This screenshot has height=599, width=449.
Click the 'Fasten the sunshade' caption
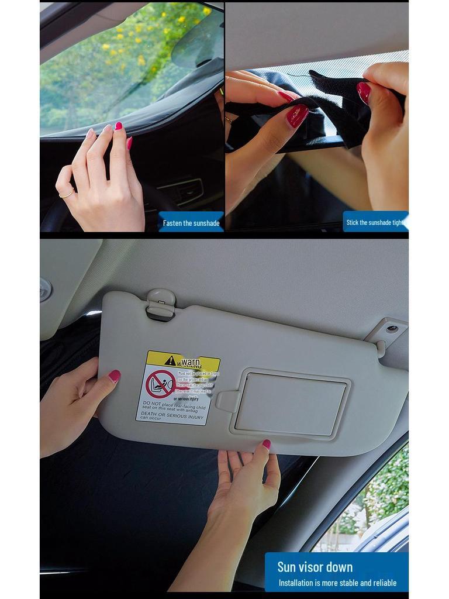click(191, 223)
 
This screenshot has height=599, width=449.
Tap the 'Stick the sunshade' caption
click(375, 222)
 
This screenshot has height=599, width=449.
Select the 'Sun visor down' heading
click(315, 567)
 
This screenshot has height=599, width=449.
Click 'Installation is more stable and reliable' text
click(337, 583)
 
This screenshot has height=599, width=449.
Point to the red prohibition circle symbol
click(160, 384)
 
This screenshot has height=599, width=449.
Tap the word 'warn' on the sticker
click(191, 363)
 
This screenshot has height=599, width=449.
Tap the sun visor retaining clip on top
click(161, 304)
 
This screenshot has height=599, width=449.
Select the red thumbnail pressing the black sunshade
click(296, 115)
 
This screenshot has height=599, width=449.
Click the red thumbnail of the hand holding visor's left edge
click(114, 376)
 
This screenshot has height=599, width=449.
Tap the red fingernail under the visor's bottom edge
click(267, 444)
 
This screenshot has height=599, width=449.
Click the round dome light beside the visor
click(45, 290)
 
